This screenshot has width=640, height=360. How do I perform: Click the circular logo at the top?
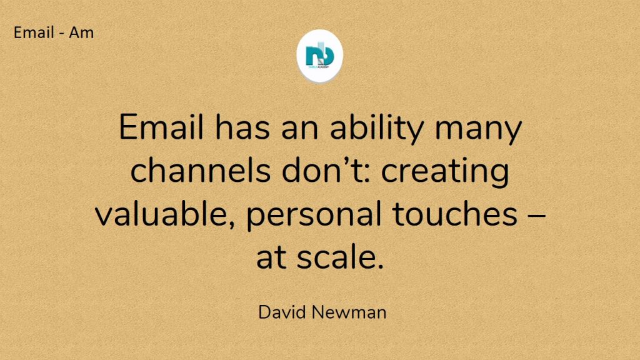tap(319, 56)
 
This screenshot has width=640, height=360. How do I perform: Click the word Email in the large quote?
tap(161, 127)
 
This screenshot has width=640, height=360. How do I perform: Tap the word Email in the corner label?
tap(34, 32)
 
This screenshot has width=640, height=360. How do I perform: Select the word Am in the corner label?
tap(81, 32)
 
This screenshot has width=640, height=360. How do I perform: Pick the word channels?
tap(201, 170)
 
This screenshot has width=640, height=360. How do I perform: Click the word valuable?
tap(165, 214)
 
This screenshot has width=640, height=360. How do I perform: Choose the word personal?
tap(314, 216)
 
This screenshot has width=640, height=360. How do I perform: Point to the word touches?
tap(455, 214)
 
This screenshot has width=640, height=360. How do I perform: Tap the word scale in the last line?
tap(341, 257)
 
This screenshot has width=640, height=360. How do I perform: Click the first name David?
tap(282, 312)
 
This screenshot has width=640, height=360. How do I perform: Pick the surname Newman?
tap(349, 312)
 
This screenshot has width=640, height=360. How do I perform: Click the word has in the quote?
tap(242, 127)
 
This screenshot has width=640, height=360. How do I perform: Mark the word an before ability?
tap(300, 130)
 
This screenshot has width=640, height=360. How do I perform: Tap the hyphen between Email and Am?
tap(61, 34)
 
